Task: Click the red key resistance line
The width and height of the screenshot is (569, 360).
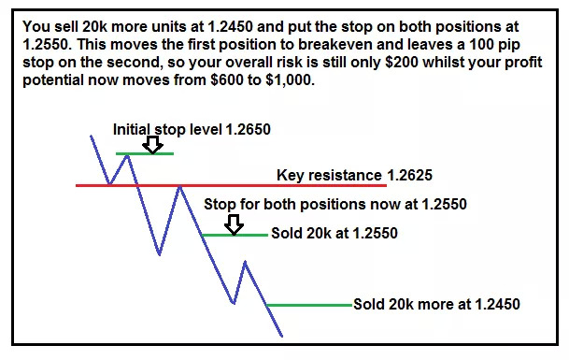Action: pos(231,185)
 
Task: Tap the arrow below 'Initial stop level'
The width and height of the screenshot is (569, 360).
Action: pos(152,145)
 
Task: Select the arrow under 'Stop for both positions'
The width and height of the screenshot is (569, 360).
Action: pos(234,224)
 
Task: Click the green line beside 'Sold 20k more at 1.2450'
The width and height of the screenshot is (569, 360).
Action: pos(309,305)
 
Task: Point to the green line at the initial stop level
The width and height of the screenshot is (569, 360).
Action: pos(145,153)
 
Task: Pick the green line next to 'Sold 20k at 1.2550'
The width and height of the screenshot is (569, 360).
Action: pos(235,235)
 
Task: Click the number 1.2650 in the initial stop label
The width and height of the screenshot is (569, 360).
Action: pos(248,130)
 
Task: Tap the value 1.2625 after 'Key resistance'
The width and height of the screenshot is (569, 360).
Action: pos(409,176)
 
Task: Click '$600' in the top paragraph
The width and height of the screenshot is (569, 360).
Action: pos(226,80)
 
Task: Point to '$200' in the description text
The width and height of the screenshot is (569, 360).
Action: pos(402,63)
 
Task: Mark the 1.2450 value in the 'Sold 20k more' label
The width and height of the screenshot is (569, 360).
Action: pos(497,305)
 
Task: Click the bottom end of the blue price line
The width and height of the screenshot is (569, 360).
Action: pos(282,337)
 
